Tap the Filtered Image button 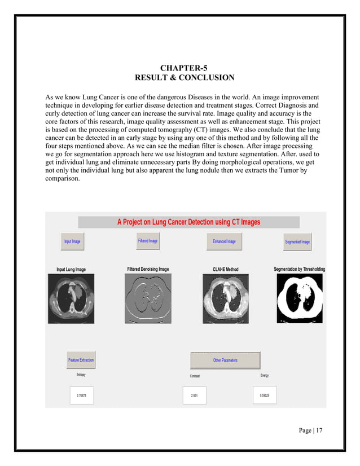(x=148, y=241)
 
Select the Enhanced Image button (x=224, y=241)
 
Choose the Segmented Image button (x=297, y=241)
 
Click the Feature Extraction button (x=81, y=360)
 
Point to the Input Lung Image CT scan (x=71, y=298)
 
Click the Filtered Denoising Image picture (x=148, y=298)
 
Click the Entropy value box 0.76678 (x=82, y=395)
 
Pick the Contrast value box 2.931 (x=195, y=395)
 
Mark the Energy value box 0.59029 (x=265, y=395)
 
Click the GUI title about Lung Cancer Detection (x=188, y=222)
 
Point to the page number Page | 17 (x=311, y=430)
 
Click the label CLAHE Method (x=226, y=270)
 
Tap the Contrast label (x=194, y=376)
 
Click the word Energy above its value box (x=265, y=375)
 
